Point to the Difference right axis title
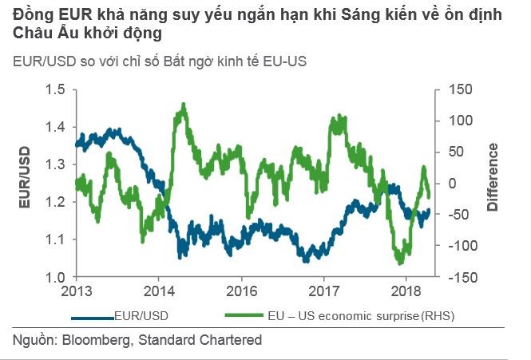point(493,177)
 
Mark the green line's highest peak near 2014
point(184,104)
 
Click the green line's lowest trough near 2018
point(399,263)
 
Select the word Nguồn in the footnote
point(31,340)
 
